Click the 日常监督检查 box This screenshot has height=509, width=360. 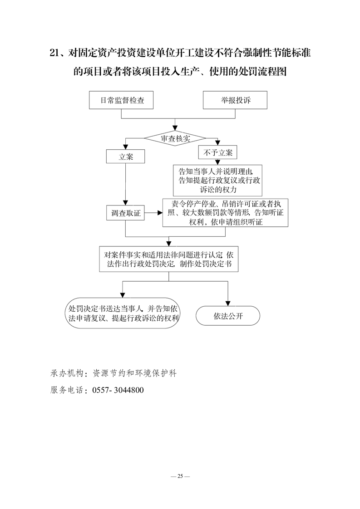[x=121, y=100]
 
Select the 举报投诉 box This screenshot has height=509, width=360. [x=235, y=100]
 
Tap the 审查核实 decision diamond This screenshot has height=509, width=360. [x=175, y=138]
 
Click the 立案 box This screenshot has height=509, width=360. [x=125, y=157]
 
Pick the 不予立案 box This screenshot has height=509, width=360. [x=218, y=152]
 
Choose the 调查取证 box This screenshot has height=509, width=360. [x=125, y=213]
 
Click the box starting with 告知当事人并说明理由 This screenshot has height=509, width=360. [x=218, y=181]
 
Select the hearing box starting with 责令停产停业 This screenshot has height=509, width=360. [x=226, y=213]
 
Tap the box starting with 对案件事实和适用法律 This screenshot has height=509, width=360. [x=168, y=259]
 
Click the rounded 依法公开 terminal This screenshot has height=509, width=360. [x=228, y=316]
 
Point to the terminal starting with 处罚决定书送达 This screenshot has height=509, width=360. [x=123, y=313]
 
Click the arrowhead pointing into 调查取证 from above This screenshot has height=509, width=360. [x=125, y=203]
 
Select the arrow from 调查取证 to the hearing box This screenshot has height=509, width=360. [x=154, y=213]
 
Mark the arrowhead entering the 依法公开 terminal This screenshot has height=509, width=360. [x=228, y=303]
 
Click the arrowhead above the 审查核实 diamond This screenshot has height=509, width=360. [x=175, y=128]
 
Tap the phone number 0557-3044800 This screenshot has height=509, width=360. [x=118, y=390]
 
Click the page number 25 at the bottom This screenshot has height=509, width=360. [x=180, y=476]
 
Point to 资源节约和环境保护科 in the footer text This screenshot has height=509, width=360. [x=134, y=373]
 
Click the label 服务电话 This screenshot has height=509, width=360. [x=67, y=390]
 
